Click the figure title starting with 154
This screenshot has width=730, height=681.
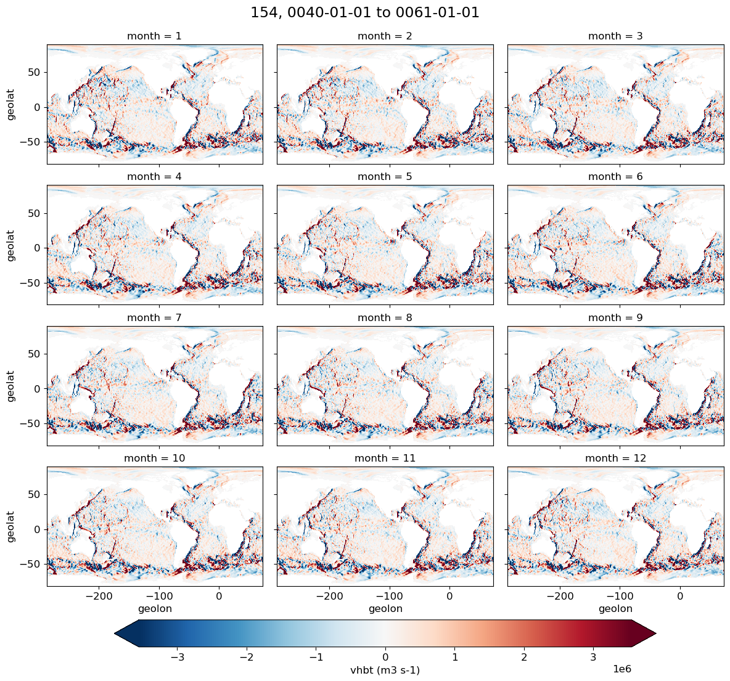[365, 13]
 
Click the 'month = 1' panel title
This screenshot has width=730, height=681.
[154, 36]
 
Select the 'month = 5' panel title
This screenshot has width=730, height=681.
[385, 177]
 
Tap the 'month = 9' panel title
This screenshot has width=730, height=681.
[615, 318]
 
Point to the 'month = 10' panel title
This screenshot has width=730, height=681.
[154, 459]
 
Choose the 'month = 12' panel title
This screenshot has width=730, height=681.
[615, 459]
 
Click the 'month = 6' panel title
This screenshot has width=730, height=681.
[615, 177]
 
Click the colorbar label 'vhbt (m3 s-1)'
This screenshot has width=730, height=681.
[385, 671]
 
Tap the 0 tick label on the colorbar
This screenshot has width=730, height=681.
[385, 656]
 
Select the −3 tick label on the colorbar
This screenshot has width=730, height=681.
[177, 656]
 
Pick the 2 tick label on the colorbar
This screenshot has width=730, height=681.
[524, 656]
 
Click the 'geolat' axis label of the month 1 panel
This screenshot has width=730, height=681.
[11, 105]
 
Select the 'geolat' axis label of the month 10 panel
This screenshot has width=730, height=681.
[11, 526]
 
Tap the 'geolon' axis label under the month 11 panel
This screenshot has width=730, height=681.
[385, 609]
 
